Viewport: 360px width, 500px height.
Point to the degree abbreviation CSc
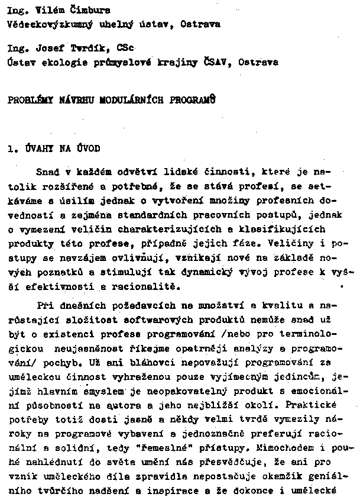coord(127,48)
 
